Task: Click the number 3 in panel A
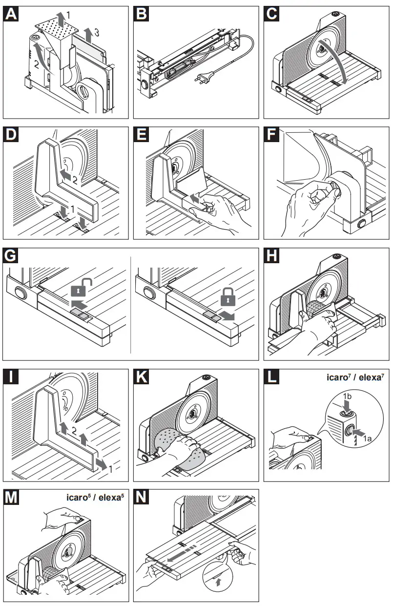point(97,33)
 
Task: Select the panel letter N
point(143,499)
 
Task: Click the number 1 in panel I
point(112,469)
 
